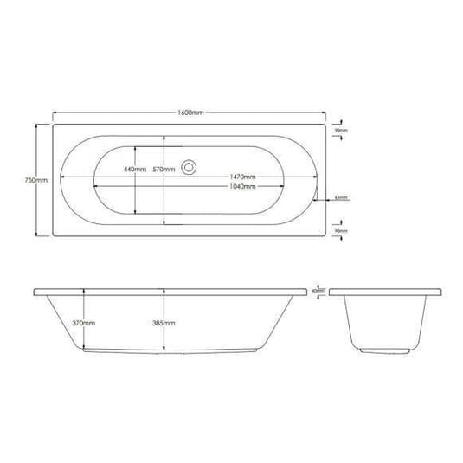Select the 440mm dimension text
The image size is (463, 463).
[134, 169]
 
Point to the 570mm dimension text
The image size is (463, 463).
[163, 169]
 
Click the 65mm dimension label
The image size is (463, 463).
[342, 197]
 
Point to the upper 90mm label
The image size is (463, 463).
[341, 131]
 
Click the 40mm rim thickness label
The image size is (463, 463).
[317, 291]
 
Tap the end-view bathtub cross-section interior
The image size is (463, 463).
[381, 320]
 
